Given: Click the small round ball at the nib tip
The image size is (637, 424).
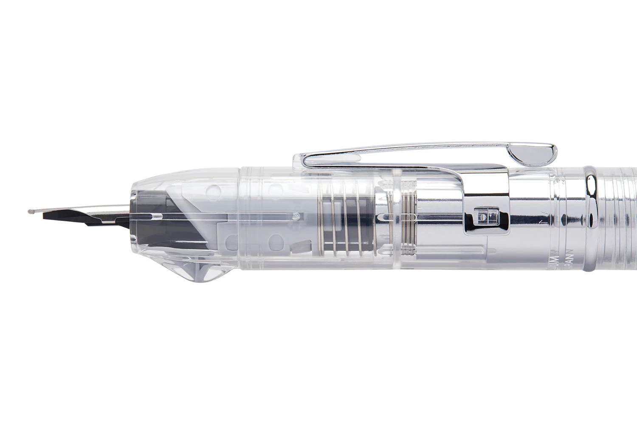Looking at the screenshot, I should point(29,210).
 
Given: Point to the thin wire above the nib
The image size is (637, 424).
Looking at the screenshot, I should point(81,210).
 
